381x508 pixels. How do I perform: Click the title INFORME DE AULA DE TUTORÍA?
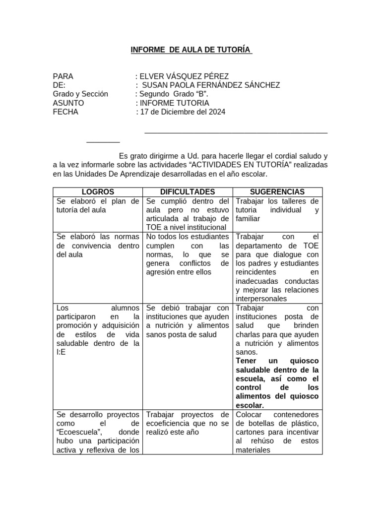pos(191,50)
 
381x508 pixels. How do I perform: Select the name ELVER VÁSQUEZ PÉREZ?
pos(184,76)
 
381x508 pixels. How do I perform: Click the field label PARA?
pos(63,76)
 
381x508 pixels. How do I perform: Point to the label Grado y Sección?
pos(80,94)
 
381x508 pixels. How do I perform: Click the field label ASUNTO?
pos(68,103)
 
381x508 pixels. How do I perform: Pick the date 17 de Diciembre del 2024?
pos(183,112)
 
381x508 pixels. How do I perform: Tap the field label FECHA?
pos(65,112)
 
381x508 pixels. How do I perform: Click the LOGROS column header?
pos(98,192)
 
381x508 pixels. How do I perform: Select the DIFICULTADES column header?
pos(188,192)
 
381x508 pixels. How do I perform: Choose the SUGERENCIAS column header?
pos(277,192)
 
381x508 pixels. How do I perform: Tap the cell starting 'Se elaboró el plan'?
pos(98,205)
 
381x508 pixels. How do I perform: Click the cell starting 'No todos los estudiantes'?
pos(188,237)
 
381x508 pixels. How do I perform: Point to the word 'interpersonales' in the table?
pos(261,299)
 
